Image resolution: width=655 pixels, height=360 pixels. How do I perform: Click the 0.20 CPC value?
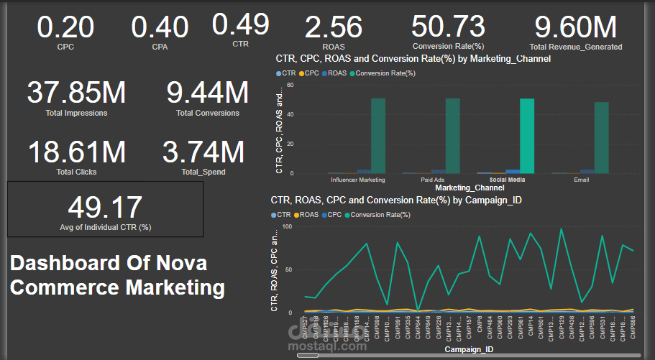pos(65,27)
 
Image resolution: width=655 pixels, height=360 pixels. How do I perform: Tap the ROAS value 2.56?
pos(334,28)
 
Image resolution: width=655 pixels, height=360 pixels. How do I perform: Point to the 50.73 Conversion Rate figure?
pos(449,27)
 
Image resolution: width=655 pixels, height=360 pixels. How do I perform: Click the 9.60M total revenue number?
pos(575,27)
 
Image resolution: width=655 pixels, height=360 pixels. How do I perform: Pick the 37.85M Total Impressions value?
pos(76,93)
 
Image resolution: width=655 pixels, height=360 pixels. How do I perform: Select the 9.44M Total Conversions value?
pos(208,93)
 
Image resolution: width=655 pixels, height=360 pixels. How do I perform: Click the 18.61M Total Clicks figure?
pos(76,152)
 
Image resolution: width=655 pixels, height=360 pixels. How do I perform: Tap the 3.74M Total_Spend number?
pos(203,152)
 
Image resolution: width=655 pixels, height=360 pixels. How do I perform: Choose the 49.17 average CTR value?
pos(105,208)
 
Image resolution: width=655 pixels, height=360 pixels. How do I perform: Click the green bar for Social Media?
pos(527,136)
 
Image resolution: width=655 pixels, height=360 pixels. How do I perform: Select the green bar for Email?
pos(602,137)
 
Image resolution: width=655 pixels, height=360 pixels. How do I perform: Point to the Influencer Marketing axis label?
pos(357,180)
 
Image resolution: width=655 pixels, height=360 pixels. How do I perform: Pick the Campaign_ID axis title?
pos(469,350)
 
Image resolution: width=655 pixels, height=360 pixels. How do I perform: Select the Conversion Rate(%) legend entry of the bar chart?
pos(385,73)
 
